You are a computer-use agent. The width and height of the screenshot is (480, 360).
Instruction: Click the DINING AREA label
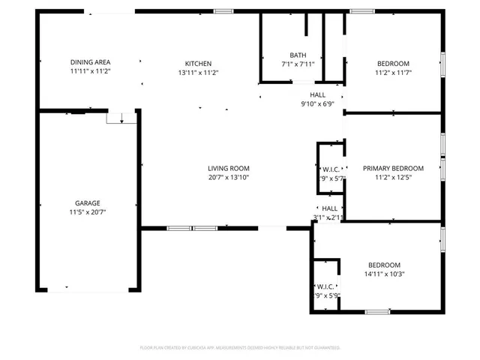90,62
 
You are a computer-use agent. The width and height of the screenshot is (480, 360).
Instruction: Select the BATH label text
298,55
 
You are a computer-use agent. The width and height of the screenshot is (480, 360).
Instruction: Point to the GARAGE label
87,203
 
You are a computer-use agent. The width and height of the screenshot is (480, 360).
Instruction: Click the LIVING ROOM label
229,169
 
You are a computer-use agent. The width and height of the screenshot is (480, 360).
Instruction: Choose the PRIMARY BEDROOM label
393,169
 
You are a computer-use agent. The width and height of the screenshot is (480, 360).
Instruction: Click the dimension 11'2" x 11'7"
393,73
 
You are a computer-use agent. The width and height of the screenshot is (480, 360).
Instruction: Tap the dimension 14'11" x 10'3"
383,274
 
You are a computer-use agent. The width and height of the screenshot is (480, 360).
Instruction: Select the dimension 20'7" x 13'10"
229,178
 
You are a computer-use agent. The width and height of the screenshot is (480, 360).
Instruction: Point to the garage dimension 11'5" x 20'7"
87,212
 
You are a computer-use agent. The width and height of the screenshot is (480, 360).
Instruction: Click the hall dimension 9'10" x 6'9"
318,104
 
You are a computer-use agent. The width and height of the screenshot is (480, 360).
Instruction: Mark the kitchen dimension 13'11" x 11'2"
199,73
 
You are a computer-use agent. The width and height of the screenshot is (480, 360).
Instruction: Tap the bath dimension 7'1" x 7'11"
298,64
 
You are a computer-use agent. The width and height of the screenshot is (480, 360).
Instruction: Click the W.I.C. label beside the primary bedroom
331,169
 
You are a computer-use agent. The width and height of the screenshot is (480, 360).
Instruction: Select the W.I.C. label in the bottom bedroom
326,286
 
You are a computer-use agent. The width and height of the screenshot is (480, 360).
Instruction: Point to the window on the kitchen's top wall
223,11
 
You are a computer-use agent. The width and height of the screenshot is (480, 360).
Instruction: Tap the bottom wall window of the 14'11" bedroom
377,311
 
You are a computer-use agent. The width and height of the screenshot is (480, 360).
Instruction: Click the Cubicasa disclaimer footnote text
240,348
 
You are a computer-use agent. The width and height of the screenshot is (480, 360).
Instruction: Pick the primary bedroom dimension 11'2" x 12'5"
393,178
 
